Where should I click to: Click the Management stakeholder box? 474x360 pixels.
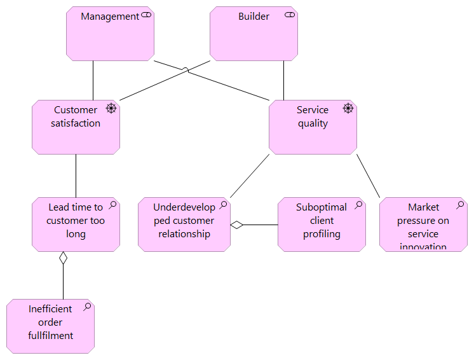click(111, 38)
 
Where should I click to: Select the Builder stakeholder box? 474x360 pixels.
click(254, 38)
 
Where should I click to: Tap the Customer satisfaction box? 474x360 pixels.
click(76, 130)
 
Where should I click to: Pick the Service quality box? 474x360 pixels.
click(313, 130)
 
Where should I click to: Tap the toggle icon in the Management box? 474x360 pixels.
click(146, 15)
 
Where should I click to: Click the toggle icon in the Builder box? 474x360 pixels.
click(290, 15)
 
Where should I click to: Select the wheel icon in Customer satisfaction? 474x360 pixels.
click(111, 108)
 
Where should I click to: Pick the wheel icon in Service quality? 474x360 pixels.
click(348, 108)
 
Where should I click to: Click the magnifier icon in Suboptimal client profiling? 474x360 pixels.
click(358, 205)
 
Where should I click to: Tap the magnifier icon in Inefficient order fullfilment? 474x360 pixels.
click(87, 307)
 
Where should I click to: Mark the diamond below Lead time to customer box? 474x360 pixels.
click(63, 258)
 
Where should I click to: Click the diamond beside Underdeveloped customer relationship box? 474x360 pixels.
click(237, 225)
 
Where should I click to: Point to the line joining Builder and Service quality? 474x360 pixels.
click(284, 80)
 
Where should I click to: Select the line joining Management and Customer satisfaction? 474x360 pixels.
click(93, 80)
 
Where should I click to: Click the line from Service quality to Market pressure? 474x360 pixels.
click(368, 176)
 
